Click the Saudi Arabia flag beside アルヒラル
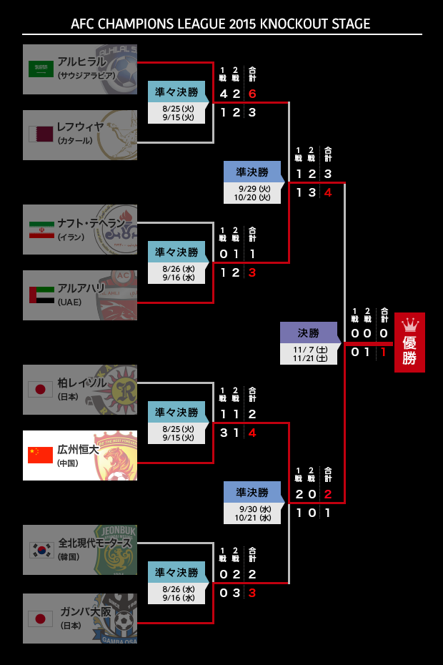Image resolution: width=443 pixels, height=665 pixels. coord(40,69)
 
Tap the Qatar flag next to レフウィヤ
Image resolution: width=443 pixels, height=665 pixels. coord(40,134)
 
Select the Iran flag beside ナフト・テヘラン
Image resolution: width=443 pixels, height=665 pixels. coord(40,229)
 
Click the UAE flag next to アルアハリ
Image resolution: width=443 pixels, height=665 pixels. coord(40,295)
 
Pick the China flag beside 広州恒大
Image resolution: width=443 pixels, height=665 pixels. coord(40,455)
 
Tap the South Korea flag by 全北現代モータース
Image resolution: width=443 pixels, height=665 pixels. coord(40,549)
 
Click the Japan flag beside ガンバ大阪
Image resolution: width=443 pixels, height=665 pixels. coord(40,619)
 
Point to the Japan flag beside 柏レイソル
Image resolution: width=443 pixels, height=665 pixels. coord(40,389)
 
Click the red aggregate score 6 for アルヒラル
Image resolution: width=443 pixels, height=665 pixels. coord(252,94)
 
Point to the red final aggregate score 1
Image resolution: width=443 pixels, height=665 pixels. coord(384,352)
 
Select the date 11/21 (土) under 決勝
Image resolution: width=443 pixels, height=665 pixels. coord(310,358)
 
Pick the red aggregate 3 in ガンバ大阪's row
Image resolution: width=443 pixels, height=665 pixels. coord(252,592)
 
